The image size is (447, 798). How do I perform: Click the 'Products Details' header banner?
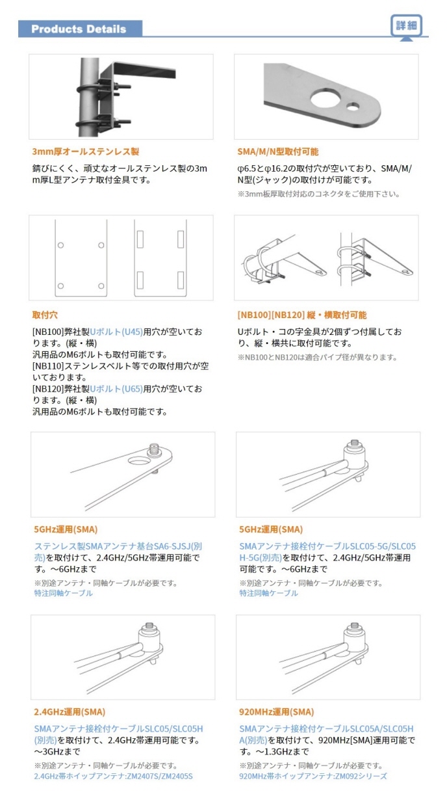pyautogui.click(x=80, y=29)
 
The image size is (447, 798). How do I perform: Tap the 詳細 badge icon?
pyautogui.click(x=406, y=25)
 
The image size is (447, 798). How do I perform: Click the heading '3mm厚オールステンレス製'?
pyautogui.click(x=85, y=152)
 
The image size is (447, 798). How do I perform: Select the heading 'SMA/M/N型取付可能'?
pyautogui.click(x=278, y=152)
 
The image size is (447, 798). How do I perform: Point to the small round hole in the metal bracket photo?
pyautogui.click(x=353, y=106)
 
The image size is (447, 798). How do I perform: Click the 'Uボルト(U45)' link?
pyautogui.click(x=116, y=332)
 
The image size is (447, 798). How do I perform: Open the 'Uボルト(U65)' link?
pyautogui.click(x=116, y=389)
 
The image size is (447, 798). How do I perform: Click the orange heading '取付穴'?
pyautogui.click(x=45, y=315)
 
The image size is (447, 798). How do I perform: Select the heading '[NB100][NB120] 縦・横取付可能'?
pyautogui.click(x=302, y=315)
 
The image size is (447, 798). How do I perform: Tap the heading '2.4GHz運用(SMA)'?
pyautogui.click(x=70, y=712)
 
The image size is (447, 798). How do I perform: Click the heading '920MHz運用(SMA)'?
pyautogui.click(x=277, y=712)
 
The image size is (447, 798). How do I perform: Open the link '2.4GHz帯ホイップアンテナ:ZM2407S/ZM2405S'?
pyautogui.click(x=113, y=776)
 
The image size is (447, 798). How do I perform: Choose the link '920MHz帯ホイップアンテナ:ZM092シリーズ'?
pyautogui.click(x=313, y=776)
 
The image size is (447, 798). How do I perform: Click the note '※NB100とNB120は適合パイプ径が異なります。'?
pyautogui.click(x=318, y=357)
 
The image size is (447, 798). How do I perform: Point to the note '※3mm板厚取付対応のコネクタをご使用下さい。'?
pyautogui.click(x=319, y=194)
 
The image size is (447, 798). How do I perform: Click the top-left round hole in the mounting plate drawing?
pyautogui.click(x=61, y=245)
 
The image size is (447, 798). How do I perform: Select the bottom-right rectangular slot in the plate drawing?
pyautogui.click(x=181, y=280)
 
